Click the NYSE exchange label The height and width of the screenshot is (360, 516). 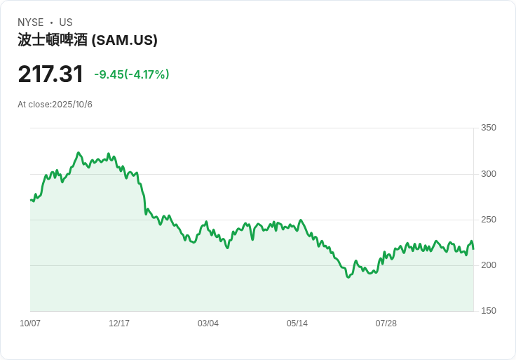(31, 22)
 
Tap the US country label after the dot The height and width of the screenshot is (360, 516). (66, 22)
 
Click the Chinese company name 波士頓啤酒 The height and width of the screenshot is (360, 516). (53, 40)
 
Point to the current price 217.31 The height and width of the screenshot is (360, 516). (50, 74)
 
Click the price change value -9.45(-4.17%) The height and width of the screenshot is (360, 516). (132, 74)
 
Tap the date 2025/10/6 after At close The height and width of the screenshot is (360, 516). (72, 105)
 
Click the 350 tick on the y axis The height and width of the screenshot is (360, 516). (489, 128)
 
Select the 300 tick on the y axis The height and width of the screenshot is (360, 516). (489, 174)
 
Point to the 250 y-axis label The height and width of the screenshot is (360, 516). (489, 220)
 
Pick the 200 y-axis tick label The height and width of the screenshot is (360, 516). (489, 265)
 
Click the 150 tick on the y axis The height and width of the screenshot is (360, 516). (489, 311)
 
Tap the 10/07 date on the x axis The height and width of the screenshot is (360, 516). (30, 324)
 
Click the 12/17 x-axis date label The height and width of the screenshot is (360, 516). (119, 324)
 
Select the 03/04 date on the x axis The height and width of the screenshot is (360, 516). (208, 324)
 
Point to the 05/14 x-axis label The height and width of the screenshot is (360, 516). (297, 324)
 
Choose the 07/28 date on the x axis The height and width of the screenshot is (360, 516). (386, 324)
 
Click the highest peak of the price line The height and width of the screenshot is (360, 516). (79, 153)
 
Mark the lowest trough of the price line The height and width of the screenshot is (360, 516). (348, 277)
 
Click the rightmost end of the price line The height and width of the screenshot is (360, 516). (473, 249)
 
